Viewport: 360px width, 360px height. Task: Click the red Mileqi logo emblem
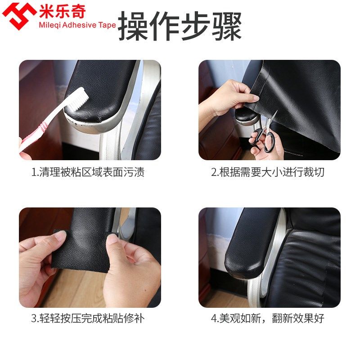pos(19,16)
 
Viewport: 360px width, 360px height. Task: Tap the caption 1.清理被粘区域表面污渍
pos(88,172)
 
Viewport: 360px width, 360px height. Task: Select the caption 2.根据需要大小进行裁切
pos(268,172)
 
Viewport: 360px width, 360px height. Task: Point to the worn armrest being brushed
pos(108,90)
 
